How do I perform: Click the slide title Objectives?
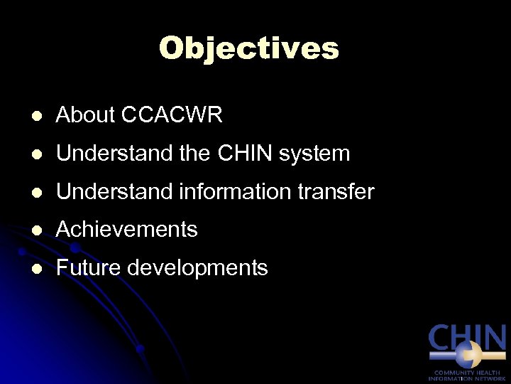249,48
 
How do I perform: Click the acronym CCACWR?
172,115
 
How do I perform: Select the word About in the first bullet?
84,115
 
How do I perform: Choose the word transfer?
335,191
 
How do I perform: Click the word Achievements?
126,230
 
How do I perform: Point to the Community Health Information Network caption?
467,375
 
